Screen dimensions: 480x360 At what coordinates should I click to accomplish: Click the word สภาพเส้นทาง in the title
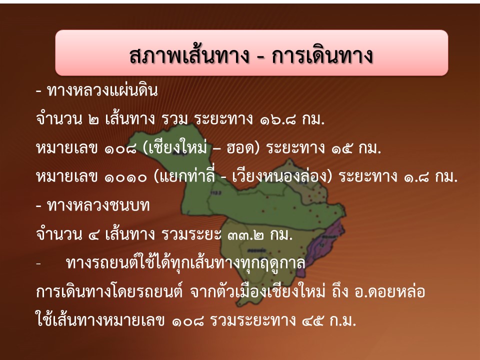189,55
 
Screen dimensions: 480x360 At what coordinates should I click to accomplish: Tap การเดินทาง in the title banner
322,55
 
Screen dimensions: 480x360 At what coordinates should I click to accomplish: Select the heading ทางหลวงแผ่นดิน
102,91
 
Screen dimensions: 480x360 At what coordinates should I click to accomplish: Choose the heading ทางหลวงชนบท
98,205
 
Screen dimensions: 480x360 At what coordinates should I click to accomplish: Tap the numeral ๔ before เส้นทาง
93,235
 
